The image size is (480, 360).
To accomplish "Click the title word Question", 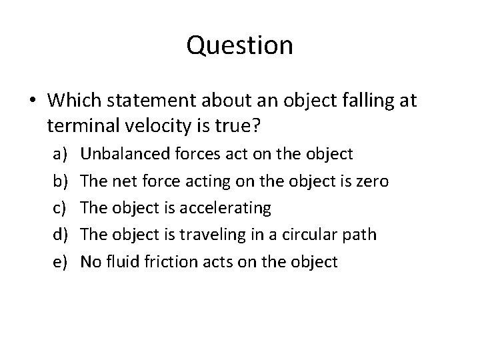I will [x=240, y=45].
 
